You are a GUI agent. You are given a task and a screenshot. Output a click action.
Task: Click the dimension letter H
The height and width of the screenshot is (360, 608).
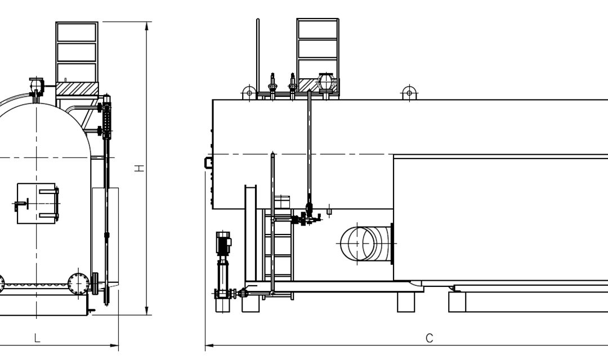140,168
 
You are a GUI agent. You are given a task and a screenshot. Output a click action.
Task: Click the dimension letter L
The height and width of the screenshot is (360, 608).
37,338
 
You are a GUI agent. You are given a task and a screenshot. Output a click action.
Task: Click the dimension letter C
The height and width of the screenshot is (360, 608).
429,338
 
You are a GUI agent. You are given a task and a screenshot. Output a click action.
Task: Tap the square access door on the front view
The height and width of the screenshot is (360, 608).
37,203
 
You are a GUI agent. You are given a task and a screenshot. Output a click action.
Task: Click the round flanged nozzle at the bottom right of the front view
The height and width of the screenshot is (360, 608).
78,283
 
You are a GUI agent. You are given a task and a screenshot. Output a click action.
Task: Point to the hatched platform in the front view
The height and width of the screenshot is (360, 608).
77,88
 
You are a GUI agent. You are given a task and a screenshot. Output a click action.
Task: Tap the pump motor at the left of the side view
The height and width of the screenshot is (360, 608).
223,243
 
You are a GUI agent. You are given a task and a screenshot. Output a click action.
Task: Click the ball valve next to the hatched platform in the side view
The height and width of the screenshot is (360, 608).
327,82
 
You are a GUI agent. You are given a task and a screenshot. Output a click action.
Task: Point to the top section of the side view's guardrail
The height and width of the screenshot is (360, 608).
318,28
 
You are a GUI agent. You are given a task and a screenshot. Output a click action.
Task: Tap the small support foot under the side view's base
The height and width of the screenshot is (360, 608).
406,301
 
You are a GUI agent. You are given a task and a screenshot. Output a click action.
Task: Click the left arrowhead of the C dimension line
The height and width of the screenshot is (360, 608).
208,345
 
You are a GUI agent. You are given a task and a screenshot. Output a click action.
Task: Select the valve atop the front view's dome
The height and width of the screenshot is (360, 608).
37,85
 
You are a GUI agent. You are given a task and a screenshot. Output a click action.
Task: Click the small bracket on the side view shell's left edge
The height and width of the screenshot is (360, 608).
208,163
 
